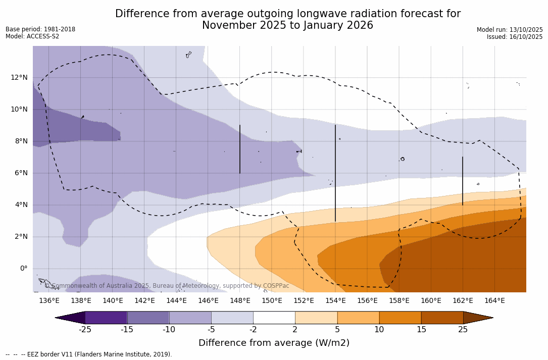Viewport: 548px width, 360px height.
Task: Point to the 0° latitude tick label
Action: [24, 269]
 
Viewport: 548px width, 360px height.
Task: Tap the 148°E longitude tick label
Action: [240, 301]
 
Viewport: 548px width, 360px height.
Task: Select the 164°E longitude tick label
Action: [494, 301]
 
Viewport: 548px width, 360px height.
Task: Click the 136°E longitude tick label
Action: [49, 301]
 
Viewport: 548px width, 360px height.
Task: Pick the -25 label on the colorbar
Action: [85, 330]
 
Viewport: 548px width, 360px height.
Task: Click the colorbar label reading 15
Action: [421, 330]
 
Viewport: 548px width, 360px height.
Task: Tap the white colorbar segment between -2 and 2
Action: [274, 318]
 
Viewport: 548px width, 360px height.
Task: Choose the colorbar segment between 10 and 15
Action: [400, 318]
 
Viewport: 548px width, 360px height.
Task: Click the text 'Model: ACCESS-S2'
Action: [32, 36]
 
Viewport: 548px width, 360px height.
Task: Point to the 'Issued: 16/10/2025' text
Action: [515, 37]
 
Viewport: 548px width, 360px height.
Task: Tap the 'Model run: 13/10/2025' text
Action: [510, 30]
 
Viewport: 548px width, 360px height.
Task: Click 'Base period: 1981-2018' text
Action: [40, 29]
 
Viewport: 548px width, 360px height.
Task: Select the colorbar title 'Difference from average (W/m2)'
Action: [274, 343]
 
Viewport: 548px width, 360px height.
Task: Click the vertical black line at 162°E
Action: [463, 181]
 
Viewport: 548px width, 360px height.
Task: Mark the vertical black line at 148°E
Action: [240, 149]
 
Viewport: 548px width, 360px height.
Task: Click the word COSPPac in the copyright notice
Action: [276, 286]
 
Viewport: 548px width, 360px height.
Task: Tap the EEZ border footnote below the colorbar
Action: [89, 354]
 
